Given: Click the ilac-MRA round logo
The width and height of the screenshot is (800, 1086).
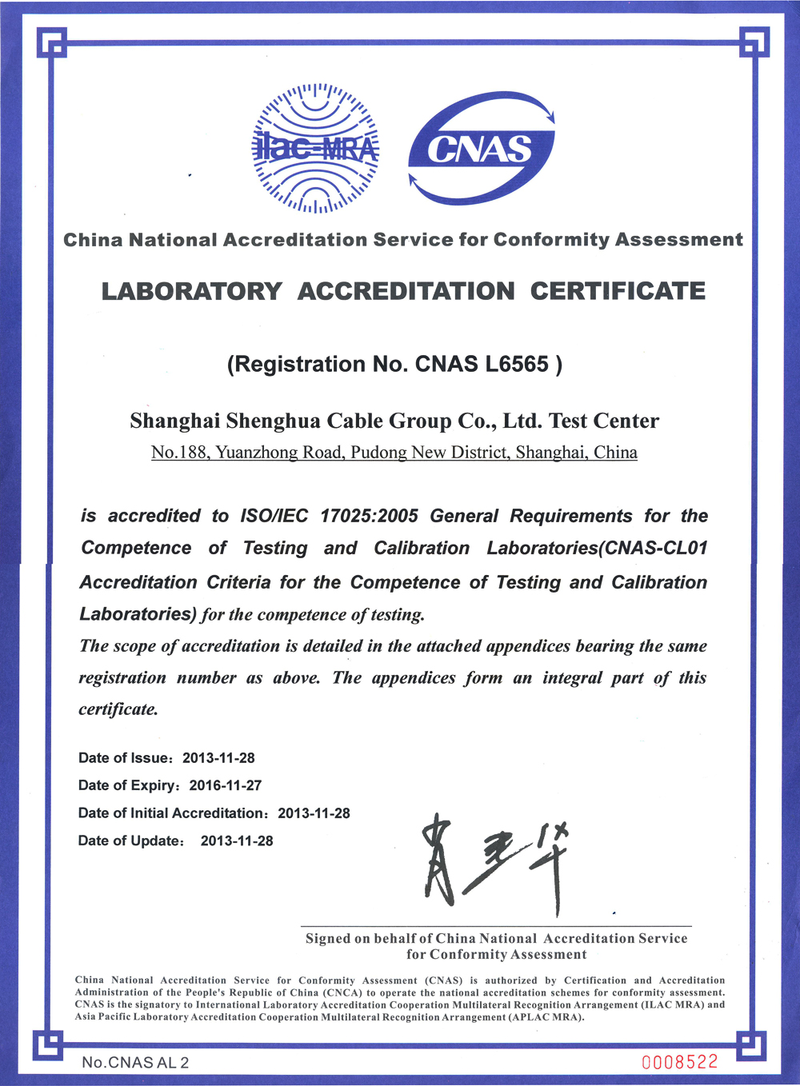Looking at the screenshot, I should point(316,148).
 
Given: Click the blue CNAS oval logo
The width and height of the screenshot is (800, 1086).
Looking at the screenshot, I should point(481,149).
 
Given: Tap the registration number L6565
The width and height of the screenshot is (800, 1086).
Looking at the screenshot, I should point(517,365).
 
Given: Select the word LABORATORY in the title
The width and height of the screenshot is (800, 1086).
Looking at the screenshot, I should point(192,291).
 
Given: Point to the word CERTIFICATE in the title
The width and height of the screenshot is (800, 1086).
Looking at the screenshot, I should point(618,291).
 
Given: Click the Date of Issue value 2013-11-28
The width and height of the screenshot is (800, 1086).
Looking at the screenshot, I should point(218,758).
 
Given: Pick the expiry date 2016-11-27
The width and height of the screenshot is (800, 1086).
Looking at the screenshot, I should point(226,785).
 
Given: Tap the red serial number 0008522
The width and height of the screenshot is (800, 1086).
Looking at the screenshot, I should point(680,1062).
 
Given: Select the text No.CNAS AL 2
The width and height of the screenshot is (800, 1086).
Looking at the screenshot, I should point(135,1063).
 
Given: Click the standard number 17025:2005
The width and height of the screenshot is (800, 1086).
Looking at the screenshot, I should point(369,516).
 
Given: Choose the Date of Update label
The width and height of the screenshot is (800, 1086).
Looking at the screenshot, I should point(130,840).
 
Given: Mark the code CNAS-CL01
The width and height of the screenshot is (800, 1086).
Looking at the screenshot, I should point(656,549).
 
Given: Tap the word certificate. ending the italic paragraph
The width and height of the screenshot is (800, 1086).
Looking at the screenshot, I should point(118,709).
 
